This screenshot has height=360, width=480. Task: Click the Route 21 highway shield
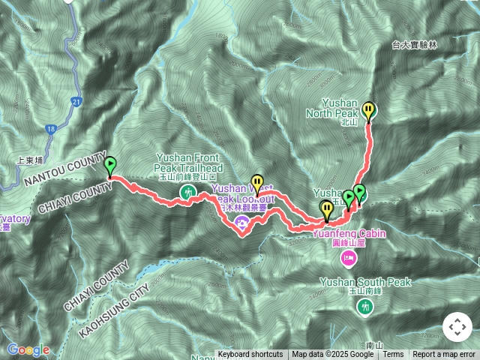click(x=77, y=101)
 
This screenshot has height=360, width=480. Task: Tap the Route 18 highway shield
click(x=49, y=129)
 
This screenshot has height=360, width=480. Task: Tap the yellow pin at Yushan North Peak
click(x=369, y=111)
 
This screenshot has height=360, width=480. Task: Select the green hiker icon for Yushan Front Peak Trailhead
click(x=186, y=193)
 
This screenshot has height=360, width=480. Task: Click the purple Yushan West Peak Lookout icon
click(x=242, y=221)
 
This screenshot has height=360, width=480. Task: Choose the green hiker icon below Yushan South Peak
click(x=365, y=306)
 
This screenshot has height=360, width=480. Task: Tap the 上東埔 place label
click(x=30, y=160)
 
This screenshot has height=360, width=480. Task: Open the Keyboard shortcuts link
click(x=250, y=354)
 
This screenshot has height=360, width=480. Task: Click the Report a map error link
click(x=444, y=354)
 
